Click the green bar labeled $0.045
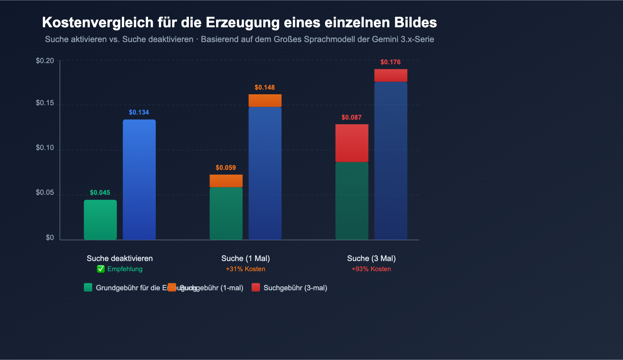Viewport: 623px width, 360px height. tap(100, 220)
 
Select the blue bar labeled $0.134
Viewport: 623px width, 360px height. tap(139, 179)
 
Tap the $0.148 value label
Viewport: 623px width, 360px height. tap(265, 88)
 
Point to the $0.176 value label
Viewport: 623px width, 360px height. tap(391, 62)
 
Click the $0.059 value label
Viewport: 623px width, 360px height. tap(226, 168)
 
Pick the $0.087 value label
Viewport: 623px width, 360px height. tap(352, 118)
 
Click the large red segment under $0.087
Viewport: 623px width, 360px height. tap(352, 143)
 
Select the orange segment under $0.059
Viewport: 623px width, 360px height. tap(226, 181)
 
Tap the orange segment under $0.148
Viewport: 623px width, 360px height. tap(265, 101)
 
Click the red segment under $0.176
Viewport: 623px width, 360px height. tap(391, 75)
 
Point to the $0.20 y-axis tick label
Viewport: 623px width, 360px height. tap(45, 61)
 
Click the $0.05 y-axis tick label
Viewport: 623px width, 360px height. tap(45, 193)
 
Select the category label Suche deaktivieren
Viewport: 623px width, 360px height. tap(120, 258)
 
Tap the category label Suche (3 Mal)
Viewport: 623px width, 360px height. tap(371, 258)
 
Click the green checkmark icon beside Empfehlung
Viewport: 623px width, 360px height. tap(101, 269)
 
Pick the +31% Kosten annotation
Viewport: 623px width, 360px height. tap(245, 269)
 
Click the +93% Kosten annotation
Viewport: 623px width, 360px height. tap(371, 269)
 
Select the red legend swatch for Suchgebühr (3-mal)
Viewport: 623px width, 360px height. tap(255, 288)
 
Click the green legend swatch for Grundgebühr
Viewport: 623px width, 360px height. tap(88, 288)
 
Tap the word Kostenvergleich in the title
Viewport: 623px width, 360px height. tap(98, 23)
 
